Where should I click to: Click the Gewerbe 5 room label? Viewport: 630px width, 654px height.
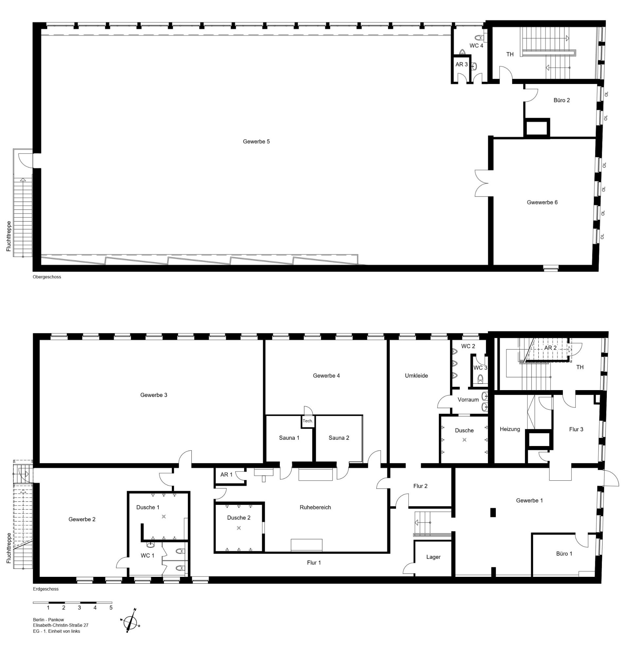[x=256, y=142]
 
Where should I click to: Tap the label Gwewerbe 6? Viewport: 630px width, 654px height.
[x=542, y=202]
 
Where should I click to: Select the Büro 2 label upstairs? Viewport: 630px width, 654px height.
[x=562, y=100]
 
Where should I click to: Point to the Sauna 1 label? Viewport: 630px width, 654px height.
[x=289, y=438]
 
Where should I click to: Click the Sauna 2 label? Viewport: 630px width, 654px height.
[x=339, y=438]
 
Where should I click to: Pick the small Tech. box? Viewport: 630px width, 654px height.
[x=308, y=421]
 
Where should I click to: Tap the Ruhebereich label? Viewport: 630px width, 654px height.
[x=315, y=507]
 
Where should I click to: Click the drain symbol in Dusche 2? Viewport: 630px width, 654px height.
[x=238, y=528]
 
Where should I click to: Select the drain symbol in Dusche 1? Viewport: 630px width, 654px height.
[x=164, y=517]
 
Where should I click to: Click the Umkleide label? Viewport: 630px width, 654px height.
[x=416, y=376]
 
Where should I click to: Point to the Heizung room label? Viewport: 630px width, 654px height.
[x=510, y=429]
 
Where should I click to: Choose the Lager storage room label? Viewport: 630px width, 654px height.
[x=433, y=557]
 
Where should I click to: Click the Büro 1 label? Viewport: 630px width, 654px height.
[x=564, y=554]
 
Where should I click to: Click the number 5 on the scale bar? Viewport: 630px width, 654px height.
[x=111, y=608]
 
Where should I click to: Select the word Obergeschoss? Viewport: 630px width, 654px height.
[x=47, y=277]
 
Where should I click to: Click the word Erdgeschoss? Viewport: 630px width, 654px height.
[x=46, y=589]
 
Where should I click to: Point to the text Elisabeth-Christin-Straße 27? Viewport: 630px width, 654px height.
[x=61, y=625]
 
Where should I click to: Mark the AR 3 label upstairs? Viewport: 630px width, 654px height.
[x=461, y=64]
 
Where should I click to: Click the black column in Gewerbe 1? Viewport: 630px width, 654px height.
[x=493, y=512]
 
